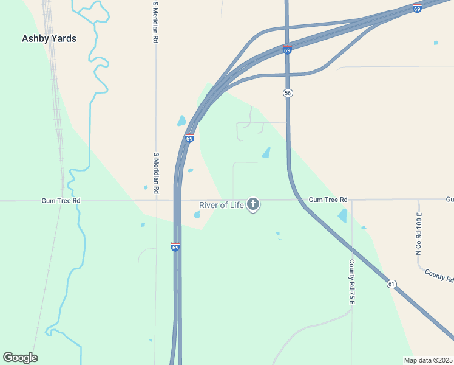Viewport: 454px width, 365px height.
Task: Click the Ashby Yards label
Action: pyautogui.click(x=49, y=38)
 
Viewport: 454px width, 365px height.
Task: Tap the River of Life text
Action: pyautogui.click(x=222, y=205)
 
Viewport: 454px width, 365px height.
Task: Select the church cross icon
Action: pyautogui.click(x=253, y=204)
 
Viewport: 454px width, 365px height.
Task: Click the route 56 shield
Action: pyautogui.click(x=288, y=92)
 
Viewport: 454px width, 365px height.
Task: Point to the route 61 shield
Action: pyautogui.click(x=391, y=283)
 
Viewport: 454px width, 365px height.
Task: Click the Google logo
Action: pyautogui.click(x=20, y=358)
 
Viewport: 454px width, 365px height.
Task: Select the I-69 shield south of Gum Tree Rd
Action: pyautogui.click(x=175, y=246)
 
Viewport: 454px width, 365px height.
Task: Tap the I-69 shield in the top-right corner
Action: pyautogui.click(x=417, y=9)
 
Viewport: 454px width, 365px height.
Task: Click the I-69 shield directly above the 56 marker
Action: pyautogui.click(x=287, y=50)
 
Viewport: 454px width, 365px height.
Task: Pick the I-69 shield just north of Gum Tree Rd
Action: pyautogui.click(x=189, y=138)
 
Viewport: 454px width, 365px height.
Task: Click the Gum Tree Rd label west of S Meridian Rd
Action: pyautogui.click(x=61, y=200)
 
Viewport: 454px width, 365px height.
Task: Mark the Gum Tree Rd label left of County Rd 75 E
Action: pyautogui.click(x=328, y=200)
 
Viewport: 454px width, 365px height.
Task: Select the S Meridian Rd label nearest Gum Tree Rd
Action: pyautogui.click(x=156, y=173)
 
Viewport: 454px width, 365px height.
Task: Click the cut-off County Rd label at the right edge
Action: pyautogui.click(x=439, y=276)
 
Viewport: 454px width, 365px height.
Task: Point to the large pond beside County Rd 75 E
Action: pyautogui.click(x=343, y=215)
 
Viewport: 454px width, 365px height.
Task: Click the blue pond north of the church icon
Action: pyautogui.click(x=266, y=153)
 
